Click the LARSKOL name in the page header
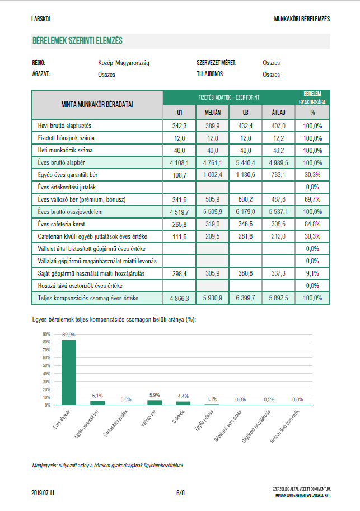point(41,19)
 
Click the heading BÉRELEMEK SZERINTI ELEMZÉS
point(77,41)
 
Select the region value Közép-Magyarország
point(124,63)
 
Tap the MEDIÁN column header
point(213,113)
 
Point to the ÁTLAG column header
point(278,113)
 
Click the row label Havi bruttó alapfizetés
point(64,126)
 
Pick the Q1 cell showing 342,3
point(179,126)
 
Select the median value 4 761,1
point(213,162)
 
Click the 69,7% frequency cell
point(312,199)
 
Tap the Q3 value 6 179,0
point(245,211)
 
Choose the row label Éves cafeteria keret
point(61,224)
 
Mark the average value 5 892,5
point(278,298)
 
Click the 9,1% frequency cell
point(312,273)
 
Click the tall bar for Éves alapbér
point(69,372)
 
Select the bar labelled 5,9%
point(155,402)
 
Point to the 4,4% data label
point(183,396)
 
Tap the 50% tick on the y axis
point(46,365)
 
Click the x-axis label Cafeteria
point(179,417)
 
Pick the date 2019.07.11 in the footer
point(43,493)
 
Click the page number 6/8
point(180,493)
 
